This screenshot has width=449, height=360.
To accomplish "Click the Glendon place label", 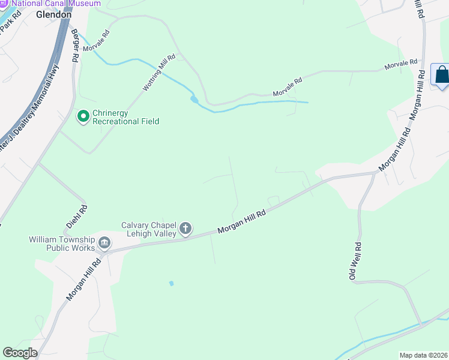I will click(x=53, y=14).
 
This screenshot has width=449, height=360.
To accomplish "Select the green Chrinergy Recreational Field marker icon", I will click(x=83, y=116).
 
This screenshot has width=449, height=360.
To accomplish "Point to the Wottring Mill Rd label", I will click(x=159, y=73).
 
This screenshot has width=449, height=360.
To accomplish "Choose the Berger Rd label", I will click(x=75, y=47).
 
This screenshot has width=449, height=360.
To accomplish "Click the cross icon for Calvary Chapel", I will click(x=185, y=229).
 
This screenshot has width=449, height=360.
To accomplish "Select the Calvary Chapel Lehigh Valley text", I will click(x=149, y=229).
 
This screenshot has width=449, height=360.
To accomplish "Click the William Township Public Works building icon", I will click(x=104, y=243).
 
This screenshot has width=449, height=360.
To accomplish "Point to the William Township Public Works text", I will click(x=62, y=244).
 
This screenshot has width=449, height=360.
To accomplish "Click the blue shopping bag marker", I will click(x=441, y=75).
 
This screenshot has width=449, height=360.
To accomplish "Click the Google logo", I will click(x=20, y=353).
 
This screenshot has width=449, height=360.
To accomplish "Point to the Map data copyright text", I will click(x=423, y=355).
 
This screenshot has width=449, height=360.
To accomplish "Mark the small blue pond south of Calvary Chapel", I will click(x=172, y=283).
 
